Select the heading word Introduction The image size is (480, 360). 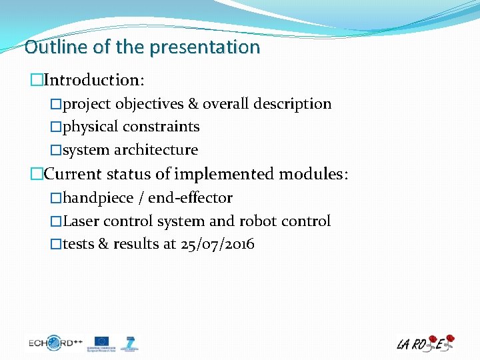click(93, 80)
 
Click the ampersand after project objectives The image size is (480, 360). click(193, 104)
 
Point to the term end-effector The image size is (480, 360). click(190, 198)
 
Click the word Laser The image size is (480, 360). click(80, 221)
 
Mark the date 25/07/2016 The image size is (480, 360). click(217, 244)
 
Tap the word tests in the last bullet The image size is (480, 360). click(78, 244)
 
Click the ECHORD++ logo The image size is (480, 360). click(55, 343)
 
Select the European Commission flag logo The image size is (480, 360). click(102, 343)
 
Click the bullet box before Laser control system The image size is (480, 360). click(56, 221)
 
